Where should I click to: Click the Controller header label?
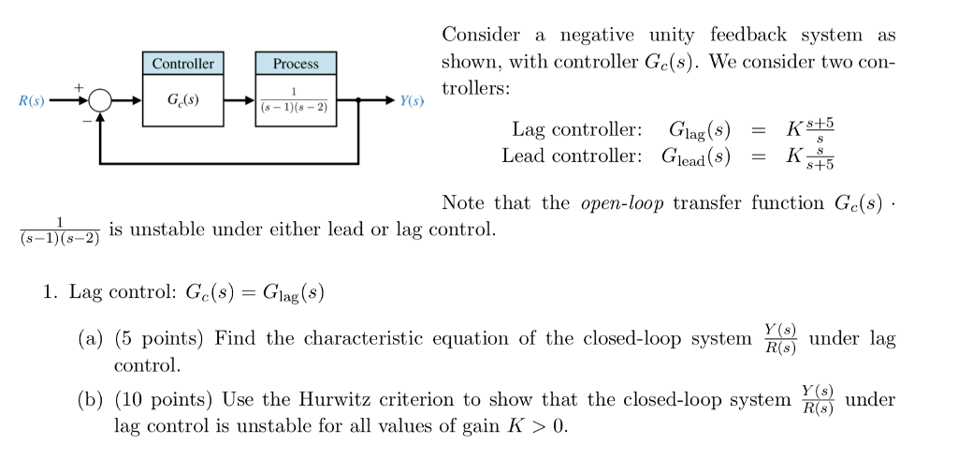click(182, 64)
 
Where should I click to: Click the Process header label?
click(296, 64)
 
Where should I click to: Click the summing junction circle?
click(100, 99)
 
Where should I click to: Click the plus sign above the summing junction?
click(81, 85)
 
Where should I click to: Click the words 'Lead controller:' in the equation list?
click(572, 155)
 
